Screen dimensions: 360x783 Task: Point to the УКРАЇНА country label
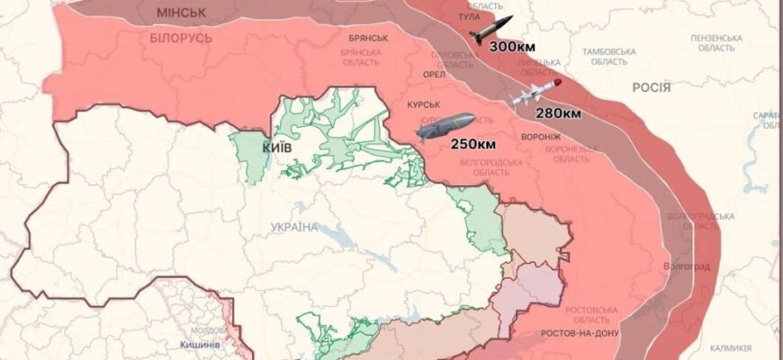pyautogui.click(x=293, y=227)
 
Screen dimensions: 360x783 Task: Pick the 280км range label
pyautogui.click(x=558, y=112)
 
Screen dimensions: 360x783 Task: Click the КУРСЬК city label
pyautogui.click(x=423, y=105)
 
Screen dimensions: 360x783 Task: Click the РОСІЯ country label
pyautogui.click(x=651, y=86)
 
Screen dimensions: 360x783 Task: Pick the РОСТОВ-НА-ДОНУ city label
pyautogui.click(x=580, y=333)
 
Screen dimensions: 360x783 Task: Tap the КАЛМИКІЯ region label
pyautogui.click(x=730, y=347)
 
